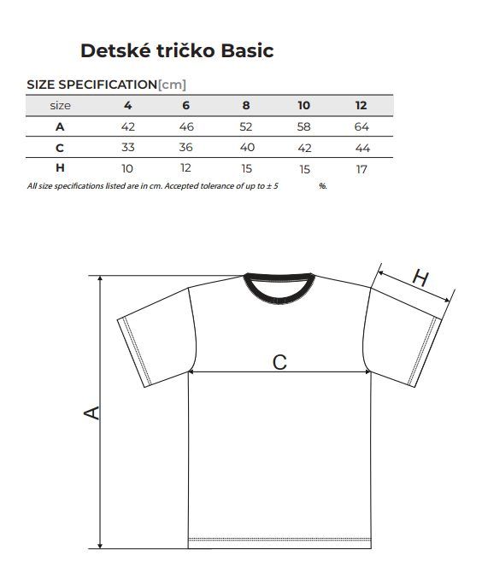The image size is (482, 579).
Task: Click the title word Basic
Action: [x=247, y=50]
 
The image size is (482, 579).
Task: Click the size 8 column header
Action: [x=246, y=106]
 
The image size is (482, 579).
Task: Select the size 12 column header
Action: [x=361, y=106]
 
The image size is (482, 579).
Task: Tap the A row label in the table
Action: [x=60, y=127]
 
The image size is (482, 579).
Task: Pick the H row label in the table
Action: [x=60, y=168]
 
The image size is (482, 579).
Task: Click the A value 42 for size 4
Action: [x=128, y=127]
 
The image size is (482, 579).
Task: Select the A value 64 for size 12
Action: [x=361, y=127]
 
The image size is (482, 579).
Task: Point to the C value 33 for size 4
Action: [x=128, y=148]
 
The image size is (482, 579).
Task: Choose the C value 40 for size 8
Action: [x=247, y=148]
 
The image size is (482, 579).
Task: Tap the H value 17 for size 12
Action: [x=361, y=169]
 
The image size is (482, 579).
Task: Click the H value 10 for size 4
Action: [x=127, y=169]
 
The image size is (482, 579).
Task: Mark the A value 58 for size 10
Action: [x=304, y=127]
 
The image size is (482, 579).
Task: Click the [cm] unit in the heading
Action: [x=172, y=85]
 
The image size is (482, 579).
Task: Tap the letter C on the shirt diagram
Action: [x=279, y=362]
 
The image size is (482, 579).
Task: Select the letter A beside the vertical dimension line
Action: [x=91, y=412]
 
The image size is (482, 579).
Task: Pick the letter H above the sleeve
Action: [x=420, y=278]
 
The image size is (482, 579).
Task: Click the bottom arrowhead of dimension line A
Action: [x=100, y=545]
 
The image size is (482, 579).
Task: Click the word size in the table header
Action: [x=60, y=106]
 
